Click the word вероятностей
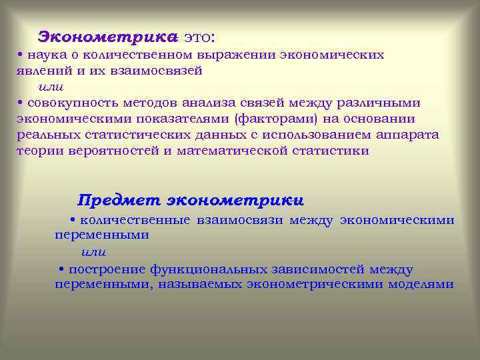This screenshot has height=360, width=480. click(123, 151)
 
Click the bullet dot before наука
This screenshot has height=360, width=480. click(21, 55)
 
